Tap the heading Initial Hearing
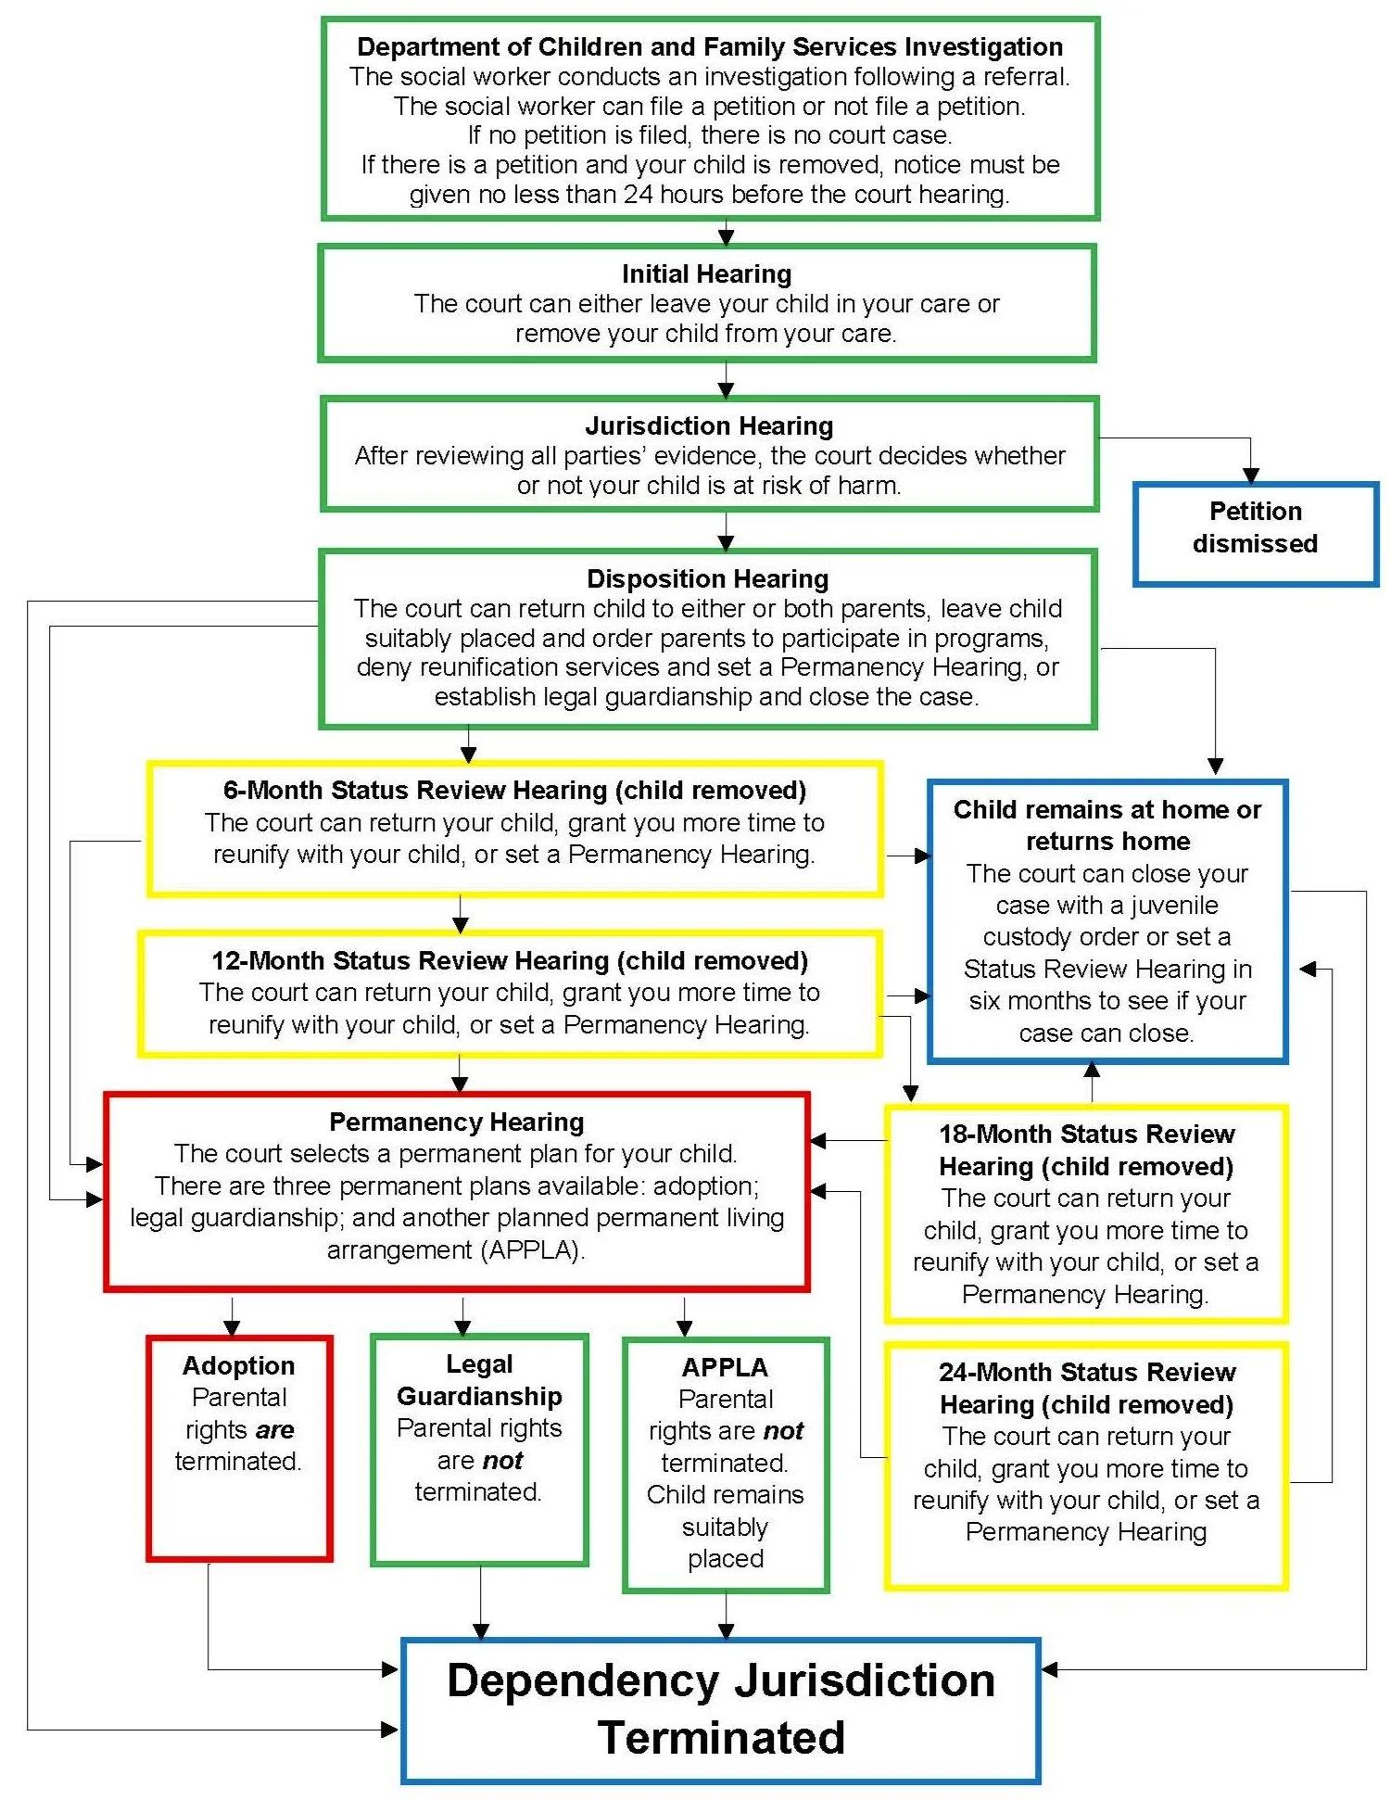[706, 274]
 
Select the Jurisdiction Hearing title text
[709, 426]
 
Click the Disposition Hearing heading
[707, 579]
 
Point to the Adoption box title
[238, 1365]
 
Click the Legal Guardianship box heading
[479, 1380]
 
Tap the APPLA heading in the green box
[725, 1367]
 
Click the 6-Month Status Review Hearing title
[514, 790]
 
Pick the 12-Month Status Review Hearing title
[510, 960]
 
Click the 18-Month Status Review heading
[1086, 1149]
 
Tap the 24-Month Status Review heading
[1086, 1388]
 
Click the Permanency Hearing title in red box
[456, 1122]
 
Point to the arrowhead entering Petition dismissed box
[1250, 475]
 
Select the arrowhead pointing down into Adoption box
[232, 1327]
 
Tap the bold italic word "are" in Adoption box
[274, 1430]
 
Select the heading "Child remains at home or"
[1106, 809]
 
